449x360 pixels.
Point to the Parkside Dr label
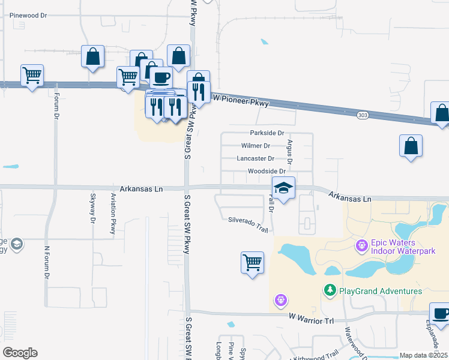coord(267,133)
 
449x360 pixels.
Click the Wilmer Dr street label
coord(256,146)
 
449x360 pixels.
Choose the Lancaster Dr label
coord(256,159)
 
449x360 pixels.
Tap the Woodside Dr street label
coord(267,172)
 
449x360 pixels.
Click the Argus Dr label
coord(289,152)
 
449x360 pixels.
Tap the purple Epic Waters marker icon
coord(361,245)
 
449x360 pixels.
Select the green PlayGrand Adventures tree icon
coord(329,291)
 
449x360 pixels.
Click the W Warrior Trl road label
coord(310,316)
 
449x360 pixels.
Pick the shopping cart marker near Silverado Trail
coord(252,262)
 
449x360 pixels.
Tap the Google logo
coord(19,353)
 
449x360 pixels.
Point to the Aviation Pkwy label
coord(112,214)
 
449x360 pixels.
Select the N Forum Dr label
coord(46,263)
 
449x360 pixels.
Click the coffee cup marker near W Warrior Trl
coord(441,314)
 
